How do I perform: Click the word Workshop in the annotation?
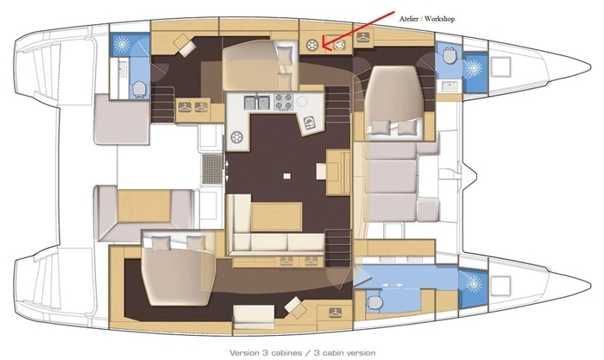439,18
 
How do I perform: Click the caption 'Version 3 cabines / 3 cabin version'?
302,352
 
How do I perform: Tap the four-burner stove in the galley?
284,101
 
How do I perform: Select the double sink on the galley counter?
256,103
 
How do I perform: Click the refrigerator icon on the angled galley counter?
310,123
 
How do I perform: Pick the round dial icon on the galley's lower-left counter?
236,136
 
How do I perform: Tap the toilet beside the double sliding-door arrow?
374,301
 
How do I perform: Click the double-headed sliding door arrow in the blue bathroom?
392,285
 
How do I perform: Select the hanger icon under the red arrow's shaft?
363,38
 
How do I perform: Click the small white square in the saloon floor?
286,176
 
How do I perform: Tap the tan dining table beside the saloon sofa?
277,217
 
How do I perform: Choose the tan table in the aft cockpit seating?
144,205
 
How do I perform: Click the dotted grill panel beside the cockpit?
212,169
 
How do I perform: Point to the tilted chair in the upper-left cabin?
185,45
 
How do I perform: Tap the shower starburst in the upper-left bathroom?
122,44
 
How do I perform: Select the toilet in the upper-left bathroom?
140,89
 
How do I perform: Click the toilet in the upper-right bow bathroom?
450,56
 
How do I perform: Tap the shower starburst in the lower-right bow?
474,284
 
